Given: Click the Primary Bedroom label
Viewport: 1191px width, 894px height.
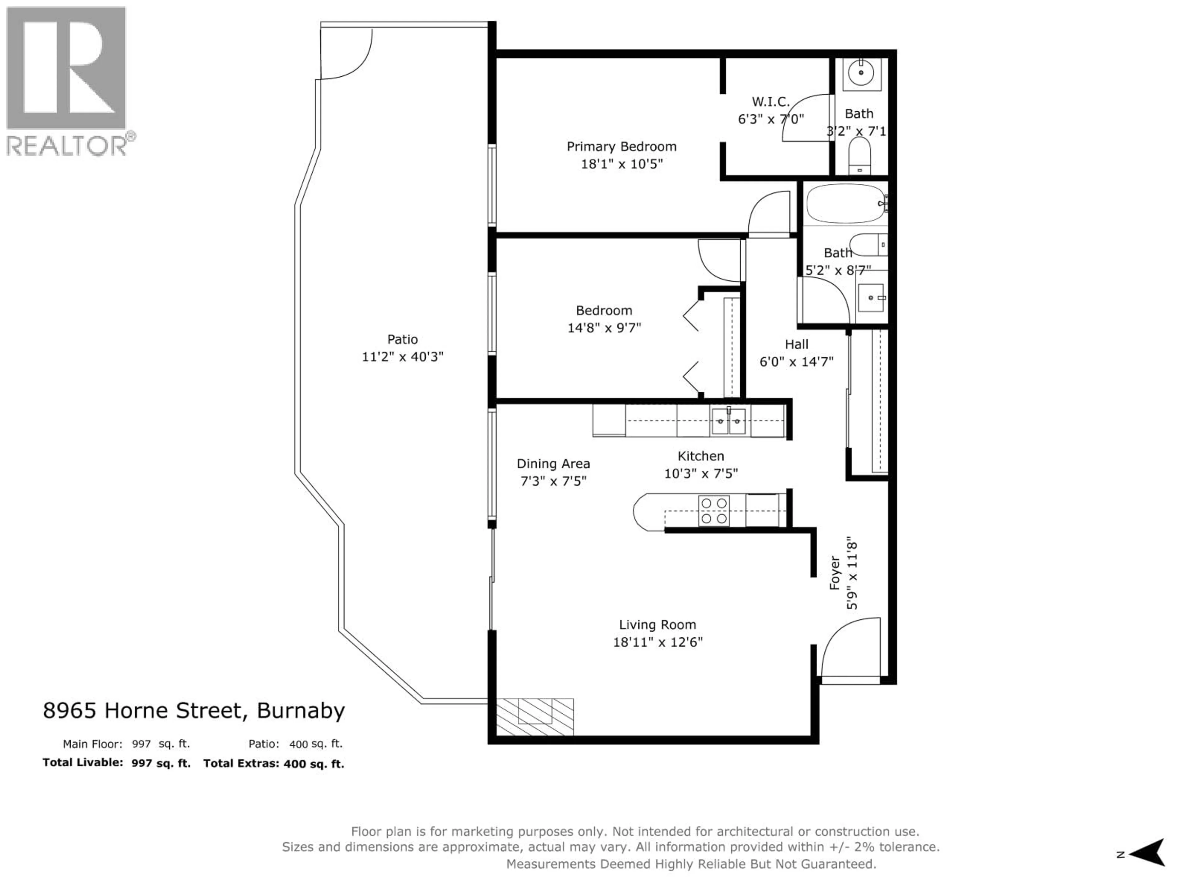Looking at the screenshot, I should [x=621, y=147].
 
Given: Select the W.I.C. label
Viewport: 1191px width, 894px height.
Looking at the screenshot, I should [x=770, y=101].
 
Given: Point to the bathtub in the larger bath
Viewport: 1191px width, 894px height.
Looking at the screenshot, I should [x=845, y=204].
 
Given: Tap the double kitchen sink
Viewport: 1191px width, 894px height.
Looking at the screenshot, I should [x=729, y=421].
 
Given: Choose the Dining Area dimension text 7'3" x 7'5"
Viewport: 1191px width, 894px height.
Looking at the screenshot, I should [x=553, y=481].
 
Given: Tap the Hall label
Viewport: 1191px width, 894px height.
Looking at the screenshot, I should [x=796, y=344].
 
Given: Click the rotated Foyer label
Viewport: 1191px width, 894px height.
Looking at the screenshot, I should [x=835, y=573].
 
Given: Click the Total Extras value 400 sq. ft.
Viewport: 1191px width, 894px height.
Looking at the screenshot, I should [x=314, y=764].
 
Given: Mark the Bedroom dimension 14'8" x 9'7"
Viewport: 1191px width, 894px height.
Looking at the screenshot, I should [x=604, y=327].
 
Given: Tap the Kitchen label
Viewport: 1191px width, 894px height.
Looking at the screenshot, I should [x=701, y=456].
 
